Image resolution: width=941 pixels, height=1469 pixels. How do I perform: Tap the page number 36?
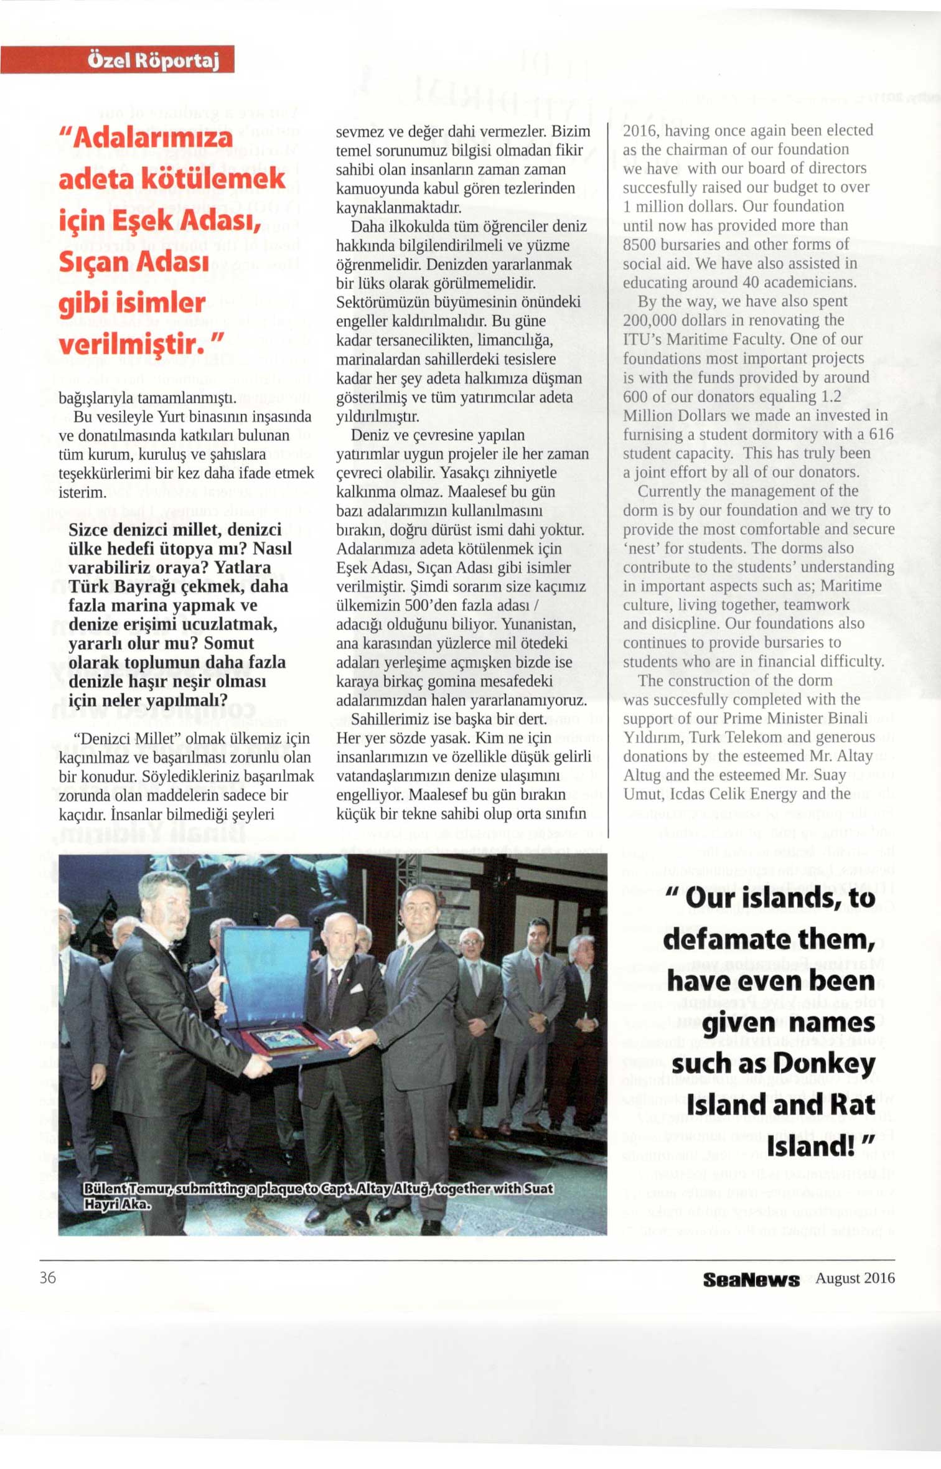tap(48, 1277)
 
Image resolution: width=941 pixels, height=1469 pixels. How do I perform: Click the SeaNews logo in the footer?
tap(751, 1280)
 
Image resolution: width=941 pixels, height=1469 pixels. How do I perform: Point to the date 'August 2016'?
tap(854, 1278)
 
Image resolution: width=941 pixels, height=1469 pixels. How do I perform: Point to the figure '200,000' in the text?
tap(651, 321)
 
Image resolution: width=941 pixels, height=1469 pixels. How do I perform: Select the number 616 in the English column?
tap(881, 434)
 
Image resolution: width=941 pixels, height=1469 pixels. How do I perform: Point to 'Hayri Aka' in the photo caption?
tap(118, 1204)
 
